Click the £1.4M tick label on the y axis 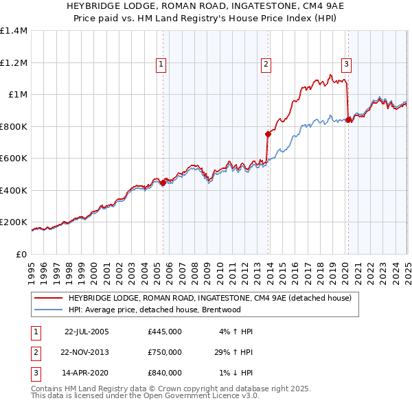pyautogui.click(x=14, y=31)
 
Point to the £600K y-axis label pyautogui.click(x=14, y=159)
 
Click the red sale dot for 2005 pyautogui.click(x=163, y=183)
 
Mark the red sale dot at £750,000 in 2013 pyautogui.click(x=268, y=135)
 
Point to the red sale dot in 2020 pyautogui.click(x=348, y=120)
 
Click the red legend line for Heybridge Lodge pyautogui.click(x=47, y=298)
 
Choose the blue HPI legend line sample pyautogui.click(x=47, y=310)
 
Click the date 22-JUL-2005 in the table pyautogui.click(x=87, y=332)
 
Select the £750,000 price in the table pyautogui.click(x=165, y=352)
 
